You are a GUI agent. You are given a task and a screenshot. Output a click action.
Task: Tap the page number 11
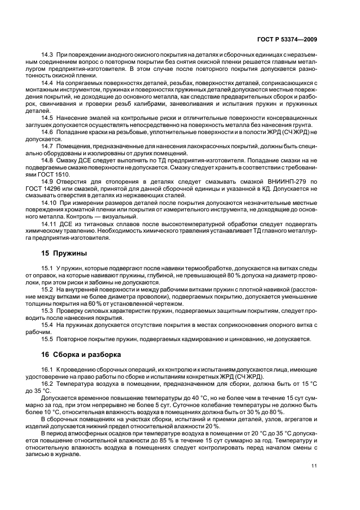315,465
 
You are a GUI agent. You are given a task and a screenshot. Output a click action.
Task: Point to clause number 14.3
47,56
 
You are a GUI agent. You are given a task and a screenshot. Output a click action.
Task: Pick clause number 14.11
49,223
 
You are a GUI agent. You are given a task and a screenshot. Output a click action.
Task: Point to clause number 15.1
47,268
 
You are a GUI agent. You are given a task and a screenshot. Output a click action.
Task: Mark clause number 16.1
47,369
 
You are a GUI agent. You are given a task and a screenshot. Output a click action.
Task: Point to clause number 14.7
47,146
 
